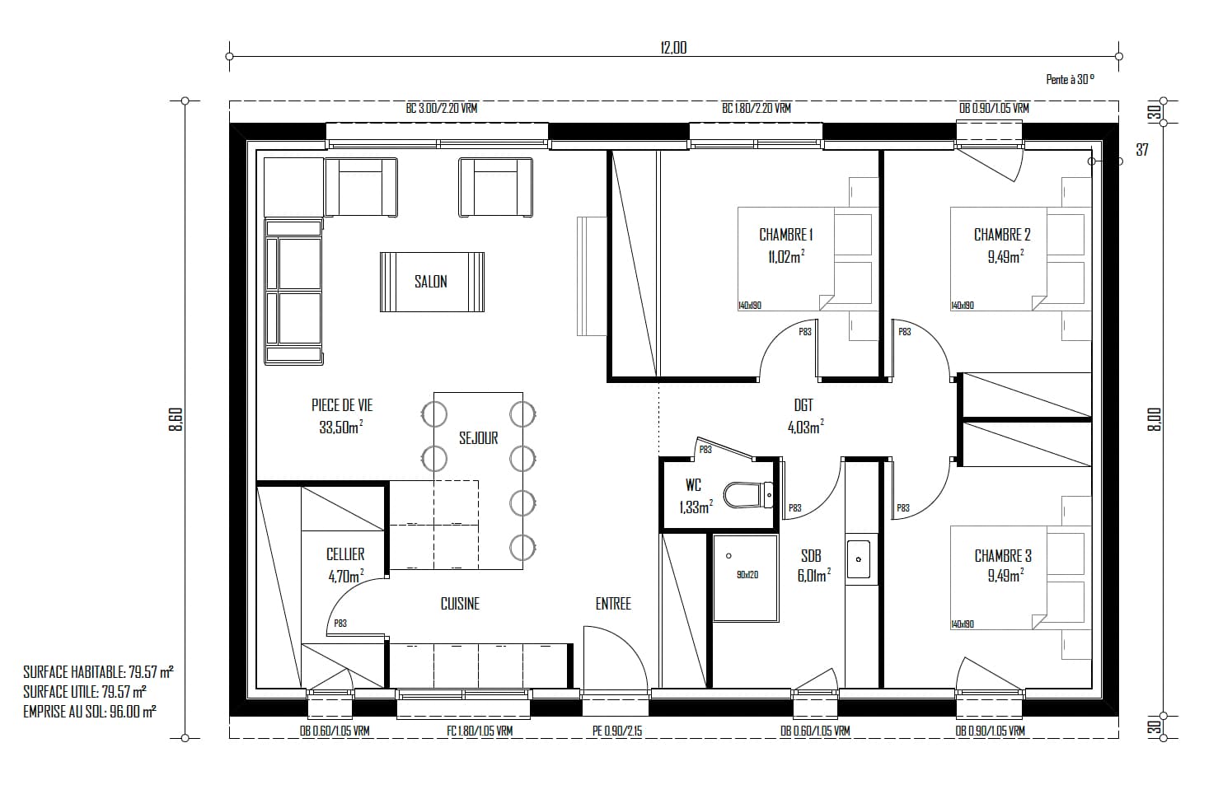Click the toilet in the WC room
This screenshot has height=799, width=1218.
click(748, 494)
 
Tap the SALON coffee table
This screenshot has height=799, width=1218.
click(432, 282)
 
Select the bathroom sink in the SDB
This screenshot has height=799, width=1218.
click(859, 559)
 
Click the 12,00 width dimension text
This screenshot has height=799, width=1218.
click(674, 48)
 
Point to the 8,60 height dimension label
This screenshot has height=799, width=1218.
click(176, 419)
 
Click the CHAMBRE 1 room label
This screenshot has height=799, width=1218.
click(785, 235)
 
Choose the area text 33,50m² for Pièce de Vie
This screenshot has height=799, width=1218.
click(341, 427)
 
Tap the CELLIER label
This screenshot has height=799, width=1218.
click(345, 554)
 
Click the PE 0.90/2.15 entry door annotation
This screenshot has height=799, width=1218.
click(617, 731)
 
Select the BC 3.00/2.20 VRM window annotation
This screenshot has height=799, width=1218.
click(442, 108)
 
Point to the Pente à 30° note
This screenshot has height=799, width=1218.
click(1070, 79)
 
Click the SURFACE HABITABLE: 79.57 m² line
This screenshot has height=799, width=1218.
click(98, 672)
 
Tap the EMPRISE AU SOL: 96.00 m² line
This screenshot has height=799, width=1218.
click(90, 712)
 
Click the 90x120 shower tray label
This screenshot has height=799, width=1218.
click(747, 574)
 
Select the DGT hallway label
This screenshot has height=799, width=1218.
click(803, 405)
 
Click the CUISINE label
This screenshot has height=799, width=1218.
click(460, 603)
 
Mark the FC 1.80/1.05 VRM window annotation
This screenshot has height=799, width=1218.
click(480, 731)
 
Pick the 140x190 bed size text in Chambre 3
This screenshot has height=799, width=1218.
click(963, 624)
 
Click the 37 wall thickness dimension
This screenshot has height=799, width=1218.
click(1142, 149)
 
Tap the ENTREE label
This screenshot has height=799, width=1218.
click(613, 603)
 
